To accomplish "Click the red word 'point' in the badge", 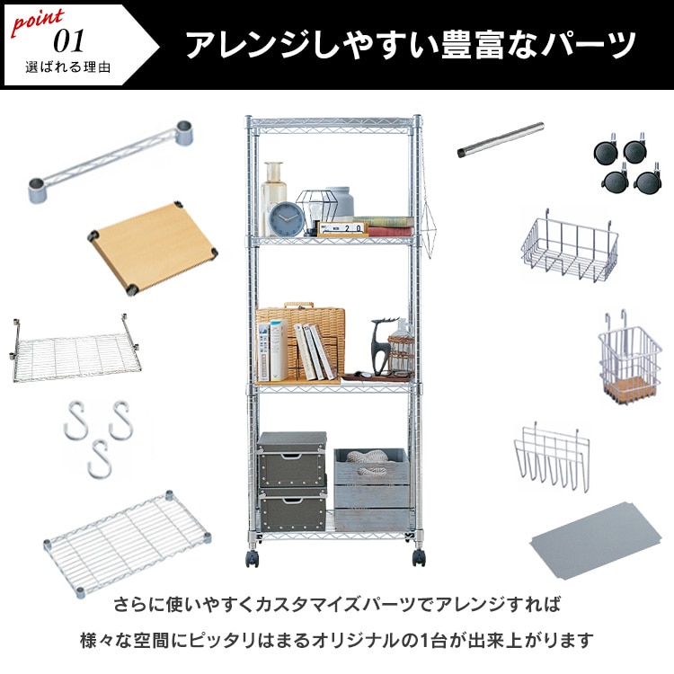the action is coord(38,22).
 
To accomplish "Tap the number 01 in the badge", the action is coord(69,41).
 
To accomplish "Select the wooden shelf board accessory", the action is coord(152,248).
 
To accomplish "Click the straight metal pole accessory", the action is coord(501,140).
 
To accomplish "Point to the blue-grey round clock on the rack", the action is coord(287,219).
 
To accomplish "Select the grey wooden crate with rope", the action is coord(371,489).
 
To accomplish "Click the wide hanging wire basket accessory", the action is coord(570,247).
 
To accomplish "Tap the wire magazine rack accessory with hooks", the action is coord(552,457).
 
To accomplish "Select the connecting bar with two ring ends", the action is coord(111,162).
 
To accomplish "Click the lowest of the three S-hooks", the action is coord(100,459).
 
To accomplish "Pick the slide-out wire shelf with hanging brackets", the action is coord(75,350).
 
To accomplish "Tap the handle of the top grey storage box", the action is coord(291,457).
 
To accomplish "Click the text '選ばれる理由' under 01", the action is coord(68,67).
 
